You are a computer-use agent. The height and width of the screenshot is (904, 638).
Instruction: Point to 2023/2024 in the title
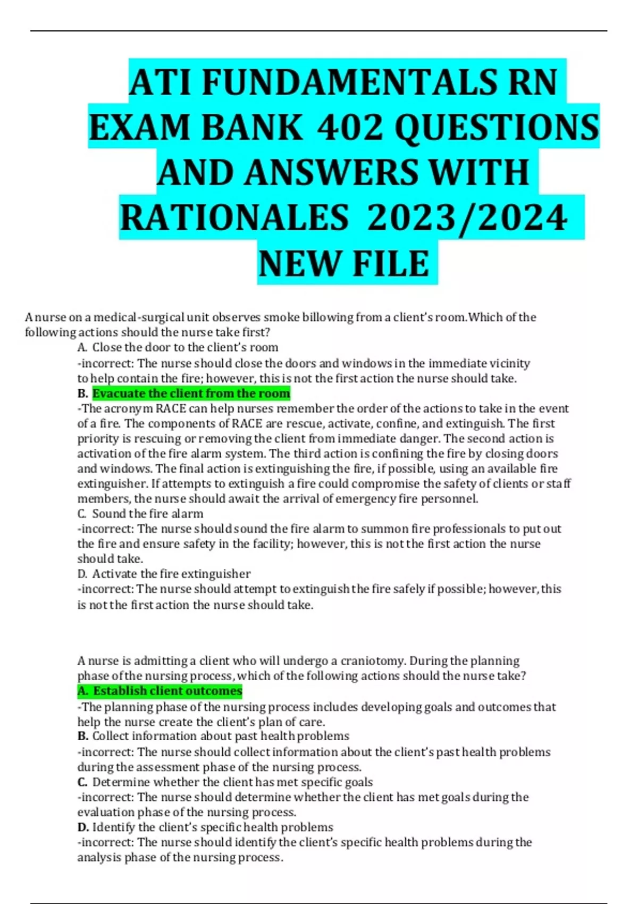coord(467,219)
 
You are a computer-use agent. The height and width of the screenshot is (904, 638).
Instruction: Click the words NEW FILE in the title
coord(344,264)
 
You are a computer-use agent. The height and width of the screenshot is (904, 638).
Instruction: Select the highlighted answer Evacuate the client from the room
coord(191,394)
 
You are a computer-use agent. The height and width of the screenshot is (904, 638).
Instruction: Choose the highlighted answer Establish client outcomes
coord(167,691)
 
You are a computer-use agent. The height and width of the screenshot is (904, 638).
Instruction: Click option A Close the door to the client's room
coord(185,348)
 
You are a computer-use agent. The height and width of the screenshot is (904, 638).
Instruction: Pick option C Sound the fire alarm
coord(147,514)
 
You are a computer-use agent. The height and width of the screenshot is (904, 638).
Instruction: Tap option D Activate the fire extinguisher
coord(171,574)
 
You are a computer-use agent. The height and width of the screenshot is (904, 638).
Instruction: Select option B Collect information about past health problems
coord(221,736)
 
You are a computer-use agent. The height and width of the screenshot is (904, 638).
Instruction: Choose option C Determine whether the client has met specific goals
coord(232,782)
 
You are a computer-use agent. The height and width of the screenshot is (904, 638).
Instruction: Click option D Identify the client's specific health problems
coord(213,827)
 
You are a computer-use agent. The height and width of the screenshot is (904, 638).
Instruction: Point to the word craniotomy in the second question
coord(366,661)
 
